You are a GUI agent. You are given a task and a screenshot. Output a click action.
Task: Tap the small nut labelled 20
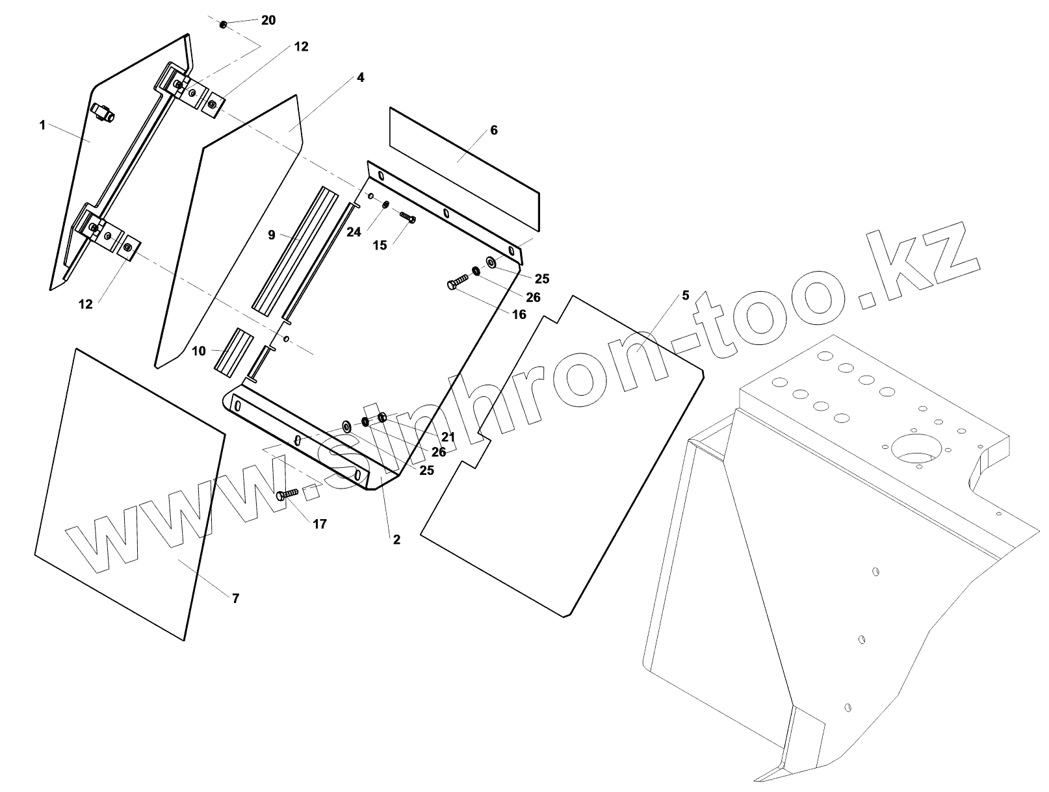pyautogui.click(x=224, y=25)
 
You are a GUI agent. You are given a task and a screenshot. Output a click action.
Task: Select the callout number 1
pyautogui.click(x=42, y=125)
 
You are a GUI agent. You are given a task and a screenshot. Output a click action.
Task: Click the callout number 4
pyautogui.click(x=360, y=77)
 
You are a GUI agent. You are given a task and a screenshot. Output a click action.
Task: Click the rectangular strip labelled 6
pyautogui.click(x=465, y=169)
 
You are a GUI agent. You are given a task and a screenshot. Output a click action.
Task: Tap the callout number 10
pyautogui.click(x=199, y=351)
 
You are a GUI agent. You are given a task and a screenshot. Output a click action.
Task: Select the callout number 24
pyautogui.click(x=353, y=232)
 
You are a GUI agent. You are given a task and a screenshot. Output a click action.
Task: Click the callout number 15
pyautogui.click(x=380, y=244)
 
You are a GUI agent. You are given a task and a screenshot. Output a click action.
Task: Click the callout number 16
pyautogui.click(x=519, y=314)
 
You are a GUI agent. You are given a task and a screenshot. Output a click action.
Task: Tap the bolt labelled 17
pyautogui.click(x=286, y=495)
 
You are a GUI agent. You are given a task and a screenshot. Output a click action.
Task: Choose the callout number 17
pyautogui.click(x=320, y=524)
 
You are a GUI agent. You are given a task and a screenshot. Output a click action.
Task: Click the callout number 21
pyautogui.click(x=448, y=437)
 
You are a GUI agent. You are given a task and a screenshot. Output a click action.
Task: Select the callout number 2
pyautogui.click(x=396, y=539)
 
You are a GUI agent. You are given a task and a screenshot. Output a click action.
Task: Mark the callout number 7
pyautogui.click(x=235, y=598)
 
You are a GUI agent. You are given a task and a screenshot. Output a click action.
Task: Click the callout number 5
pyautogui.click(x=685, y=296)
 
